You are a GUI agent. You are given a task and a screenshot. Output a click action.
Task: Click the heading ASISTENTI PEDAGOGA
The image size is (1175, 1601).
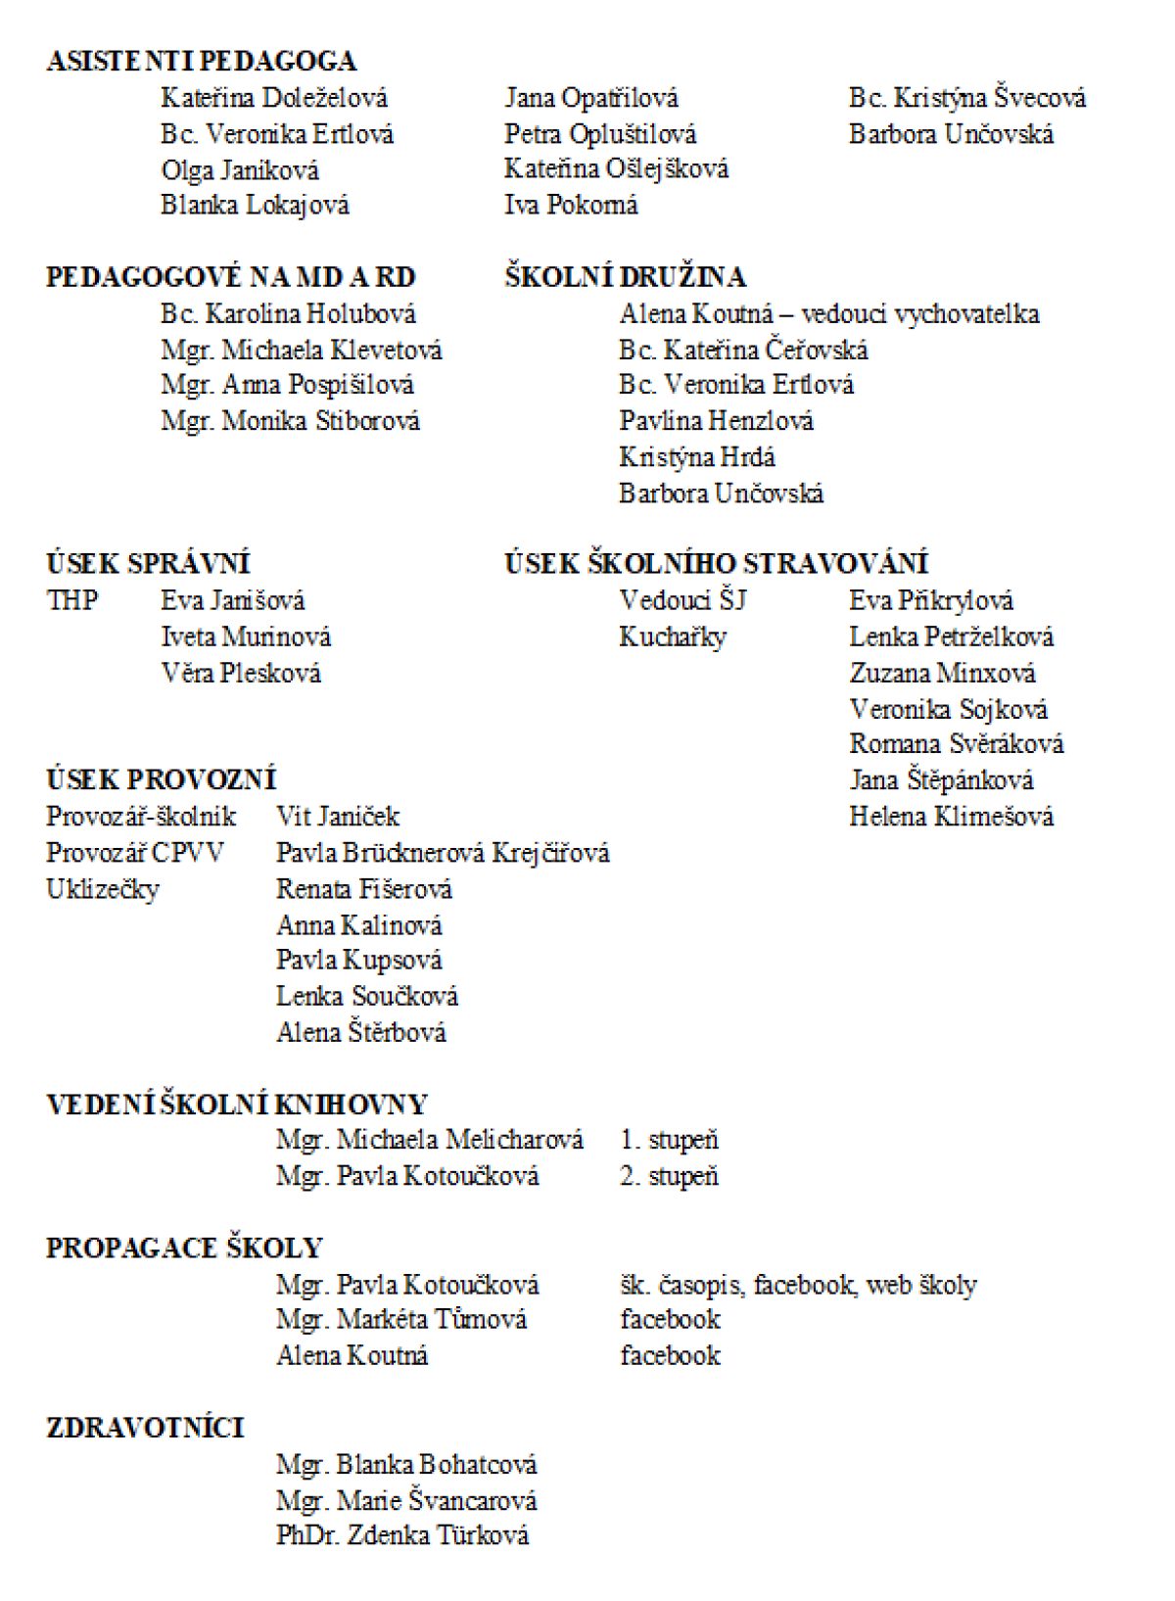point(201,61)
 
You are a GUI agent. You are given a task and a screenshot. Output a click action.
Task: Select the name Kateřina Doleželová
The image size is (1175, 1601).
point(274,98)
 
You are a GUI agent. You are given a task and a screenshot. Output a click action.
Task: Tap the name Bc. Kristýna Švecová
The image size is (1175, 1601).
point(966,98)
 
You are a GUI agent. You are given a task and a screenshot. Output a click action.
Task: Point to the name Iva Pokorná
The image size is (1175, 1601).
point(571,205)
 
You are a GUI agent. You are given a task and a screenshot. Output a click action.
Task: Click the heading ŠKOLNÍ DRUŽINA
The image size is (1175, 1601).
point(625,277)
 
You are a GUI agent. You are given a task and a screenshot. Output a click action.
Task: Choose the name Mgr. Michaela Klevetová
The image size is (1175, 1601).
point(301,350)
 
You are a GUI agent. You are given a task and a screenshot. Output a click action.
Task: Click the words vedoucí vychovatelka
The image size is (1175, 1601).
point(919,313)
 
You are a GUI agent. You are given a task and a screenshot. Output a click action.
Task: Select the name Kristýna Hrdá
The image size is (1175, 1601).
point(696,457)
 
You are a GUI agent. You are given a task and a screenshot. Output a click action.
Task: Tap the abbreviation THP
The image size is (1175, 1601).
point(71,600)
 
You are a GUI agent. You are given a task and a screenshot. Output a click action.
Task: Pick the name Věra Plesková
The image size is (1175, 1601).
point(241,673)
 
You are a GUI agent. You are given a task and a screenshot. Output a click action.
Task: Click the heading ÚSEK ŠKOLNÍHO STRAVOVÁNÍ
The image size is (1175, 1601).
point(716,564)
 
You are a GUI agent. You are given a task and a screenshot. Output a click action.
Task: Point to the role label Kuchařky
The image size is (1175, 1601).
point(673,637)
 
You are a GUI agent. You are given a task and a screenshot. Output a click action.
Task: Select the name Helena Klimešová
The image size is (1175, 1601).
point(951,817)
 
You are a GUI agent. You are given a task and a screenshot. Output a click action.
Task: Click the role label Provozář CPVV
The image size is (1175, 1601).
point(134,853)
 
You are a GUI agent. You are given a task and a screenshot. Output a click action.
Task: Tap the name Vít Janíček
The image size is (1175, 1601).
point(338,817)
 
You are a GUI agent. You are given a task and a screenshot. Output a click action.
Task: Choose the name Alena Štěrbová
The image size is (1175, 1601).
point(360,1032)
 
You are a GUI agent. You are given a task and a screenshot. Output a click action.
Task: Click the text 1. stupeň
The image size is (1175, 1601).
point(669,1140)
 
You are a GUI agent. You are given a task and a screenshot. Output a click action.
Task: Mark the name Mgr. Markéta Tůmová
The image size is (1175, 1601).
point(401,1320)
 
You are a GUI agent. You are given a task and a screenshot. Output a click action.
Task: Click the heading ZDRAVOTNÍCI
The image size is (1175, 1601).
point(145,1428)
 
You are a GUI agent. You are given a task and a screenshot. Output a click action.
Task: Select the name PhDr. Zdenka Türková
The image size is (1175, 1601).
point(401,1535)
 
